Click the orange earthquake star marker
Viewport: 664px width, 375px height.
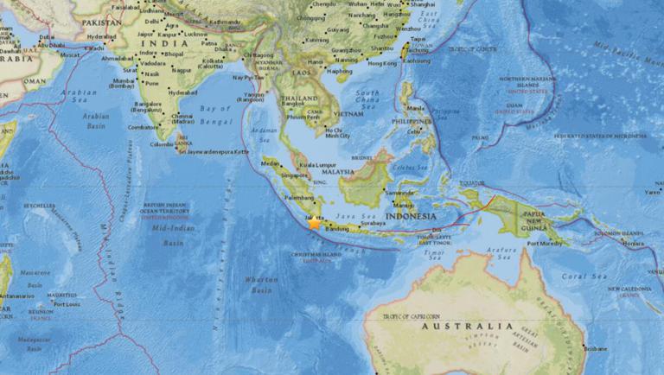pos(314,222)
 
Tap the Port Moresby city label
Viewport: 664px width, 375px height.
pos(546,244)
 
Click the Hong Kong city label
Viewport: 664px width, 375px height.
pos(381,63)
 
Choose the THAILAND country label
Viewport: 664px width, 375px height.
pos(298,99)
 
